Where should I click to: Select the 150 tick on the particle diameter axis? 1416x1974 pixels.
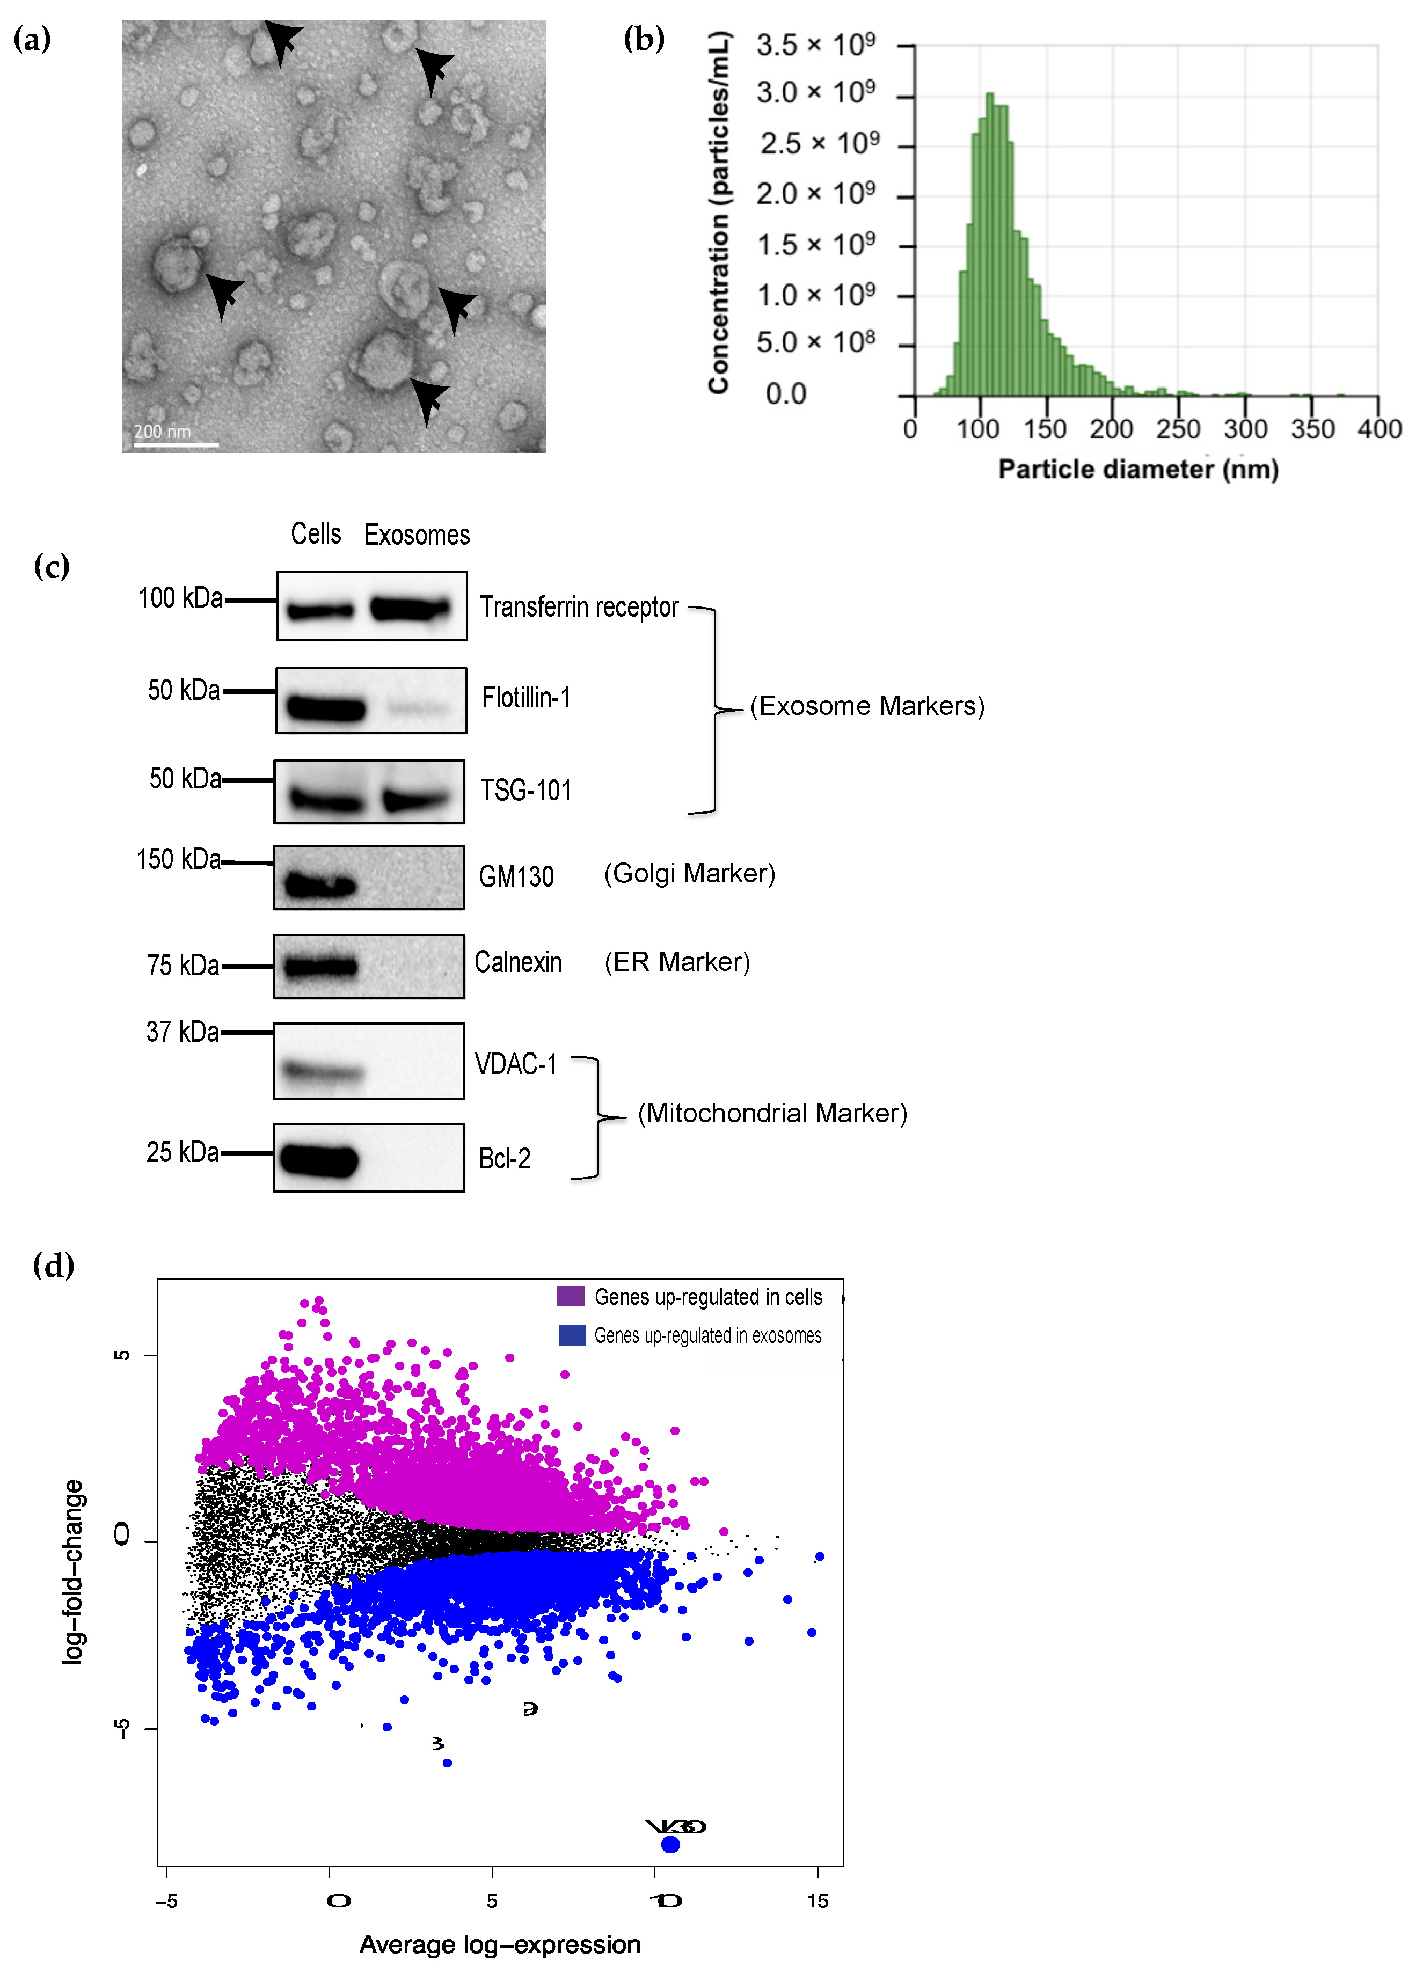click(1045, 428)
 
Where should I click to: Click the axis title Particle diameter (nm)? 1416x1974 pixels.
click(1137, 469)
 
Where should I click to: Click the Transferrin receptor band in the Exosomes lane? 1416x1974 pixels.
click(411, 608)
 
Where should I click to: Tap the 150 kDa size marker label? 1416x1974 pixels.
click(179, 859)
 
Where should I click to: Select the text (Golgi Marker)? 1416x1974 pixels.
click(689, 873)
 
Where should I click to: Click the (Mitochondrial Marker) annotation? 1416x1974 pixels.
click(772, 1113)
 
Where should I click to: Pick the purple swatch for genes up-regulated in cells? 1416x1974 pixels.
click(570, 1296)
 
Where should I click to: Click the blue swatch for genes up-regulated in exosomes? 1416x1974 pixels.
click(571, 1334)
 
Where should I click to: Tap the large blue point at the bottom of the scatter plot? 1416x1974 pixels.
click(670, 1844)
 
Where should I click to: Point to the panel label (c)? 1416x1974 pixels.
click(52, 567)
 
